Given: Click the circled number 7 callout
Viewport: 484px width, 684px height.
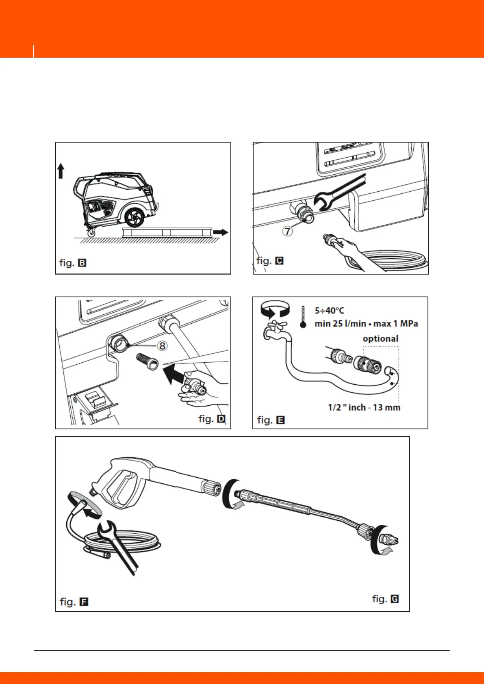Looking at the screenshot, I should pos(288,232).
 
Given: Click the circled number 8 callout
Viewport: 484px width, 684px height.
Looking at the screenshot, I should pos(162,346).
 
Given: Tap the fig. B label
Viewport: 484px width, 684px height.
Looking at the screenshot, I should pos(73,263).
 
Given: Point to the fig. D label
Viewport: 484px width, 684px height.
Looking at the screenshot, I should pos(212,419).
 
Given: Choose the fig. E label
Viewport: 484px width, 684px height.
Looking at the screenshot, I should pos(271,420).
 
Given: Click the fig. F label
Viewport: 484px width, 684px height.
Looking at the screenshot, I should pos(74,602).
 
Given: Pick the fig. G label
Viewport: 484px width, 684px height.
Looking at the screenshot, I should pos(385,599).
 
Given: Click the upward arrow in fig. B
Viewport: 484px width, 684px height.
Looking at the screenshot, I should pos(61,171).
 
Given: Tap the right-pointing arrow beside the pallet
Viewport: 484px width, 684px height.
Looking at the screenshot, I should pos(221,232).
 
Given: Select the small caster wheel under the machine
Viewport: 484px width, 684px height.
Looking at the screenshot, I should pos(91,233).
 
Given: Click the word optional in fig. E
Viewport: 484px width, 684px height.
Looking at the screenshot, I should pos(380,339).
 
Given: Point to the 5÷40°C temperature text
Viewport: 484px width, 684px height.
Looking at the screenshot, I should pos(329,311).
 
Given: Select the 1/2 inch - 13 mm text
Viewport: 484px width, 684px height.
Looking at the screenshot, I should pos(364,407).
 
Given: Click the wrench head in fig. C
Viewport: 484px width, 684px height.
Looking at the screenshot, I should pos(324,200).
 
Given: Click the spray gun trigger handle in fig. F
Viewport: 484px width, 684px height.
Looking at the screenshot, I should pos(122,487).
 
